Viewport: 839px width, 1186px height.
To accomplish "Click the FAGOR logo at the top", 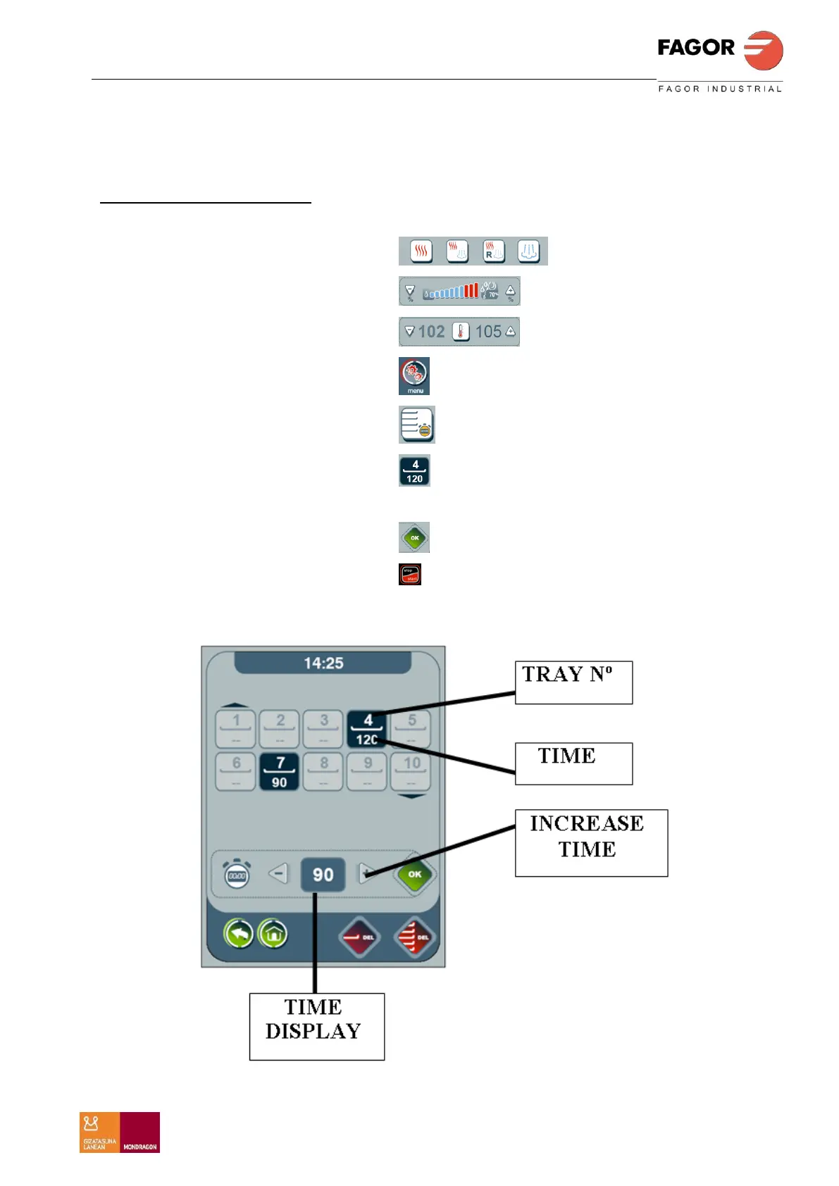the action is pyautogui.click(x=719, y=51).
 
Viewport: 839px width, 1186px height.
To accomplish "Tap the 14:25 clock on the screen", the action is pyautogui.click(x=323, y=663).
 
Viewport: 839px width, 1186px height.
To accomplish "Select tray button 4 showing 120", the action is pyautogui.click(x=367, y=729).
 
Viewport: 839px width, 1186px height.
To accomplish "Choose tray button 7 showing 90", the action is pyautogui.click(x=280, y=772).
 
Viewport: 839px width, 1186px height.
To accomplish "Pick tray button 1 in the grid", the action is pyautogui.click(x=236, y=729).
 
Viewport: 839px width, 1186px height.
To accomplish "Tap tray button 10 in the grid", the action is pyautogui.click(x=411, y=772).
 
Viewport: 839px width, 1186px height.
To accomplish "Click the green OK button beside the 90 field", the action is pyautogui.click(x=415, y=875).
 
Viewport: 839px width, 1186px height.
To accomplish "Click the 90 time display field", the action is pyautogui.click(x=323, y=875).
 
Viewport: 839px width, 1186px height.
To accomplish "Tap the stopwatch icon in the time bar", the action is pyautogui.click(x=237, y=875).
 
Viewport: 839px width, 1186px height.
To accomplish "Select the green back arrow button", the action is pyautogui.click(x=239, y=935).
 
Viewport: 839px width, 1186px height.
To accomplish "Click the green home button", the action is pyautogui.click(x=273, y=935).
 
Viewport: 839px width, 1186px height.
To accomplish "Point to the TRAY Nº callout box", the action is pyautogui.click(x=573, y=682).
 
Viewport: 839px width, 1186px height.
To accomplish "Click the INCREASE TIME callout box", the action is pyautogui.click(x=590, y=842).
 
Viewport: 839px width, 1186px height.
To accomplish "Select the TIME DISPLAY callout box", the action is pyautogui.click(x=316, y=1026).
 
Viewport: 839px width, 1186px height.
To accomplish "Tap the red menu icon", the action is pyautogui.click(x=414, y=375).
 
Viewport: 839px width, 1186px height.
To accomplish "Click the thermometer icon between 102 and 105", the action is pyautogui.click(x=460, y=332).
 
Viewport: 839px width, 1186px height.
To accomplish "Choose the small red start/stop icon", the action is pyautogui.click(x=410, y=575).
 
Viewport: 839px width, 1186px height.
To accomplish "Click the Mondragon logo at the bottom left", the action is pyautogui.click(x=120, y=1132).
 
